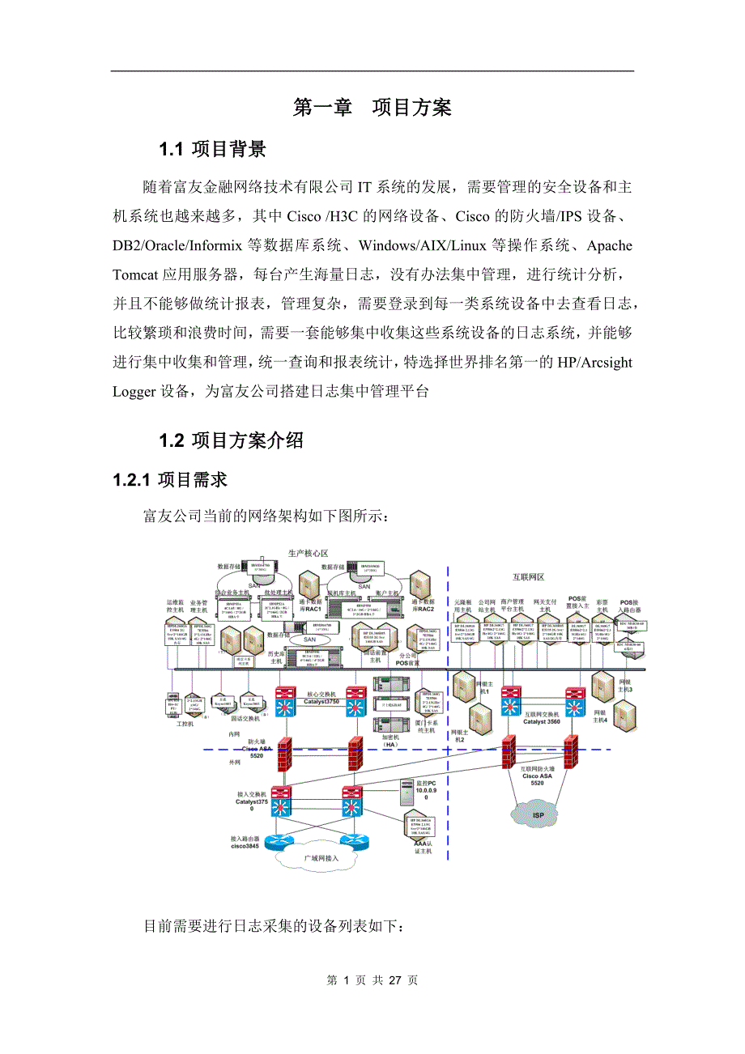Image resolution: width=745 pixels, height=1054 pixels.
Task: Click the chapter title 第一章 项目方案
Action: click(372, 108)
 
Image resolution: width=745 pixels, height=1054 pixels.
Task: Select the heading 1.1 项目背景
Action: click(212, 150)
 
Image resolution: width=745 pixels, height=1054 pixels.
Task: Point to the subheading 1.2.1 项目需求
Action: click(170, 481)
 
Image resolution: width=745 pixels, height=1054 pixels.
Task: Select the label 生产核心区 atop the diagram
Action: click(309, 553)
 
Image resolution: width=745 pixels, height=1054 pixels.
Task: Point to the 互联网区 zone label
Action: click(530, 578)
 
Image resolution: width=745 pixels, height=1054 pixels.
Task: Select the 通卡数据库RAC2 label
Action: click(422, 603)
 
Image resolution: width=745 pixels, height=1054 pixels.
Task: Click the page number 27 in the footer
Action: click(395, 980)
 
